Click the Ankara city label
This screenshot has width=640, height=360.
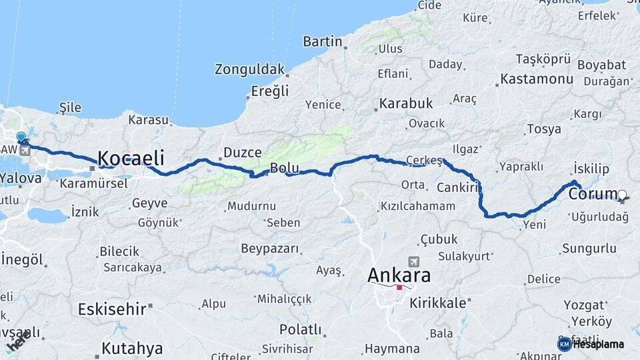pyautogui.click(x=399, y=275)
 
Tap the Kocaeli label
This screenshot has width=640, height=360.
pyautogui.click(x=131, y=158)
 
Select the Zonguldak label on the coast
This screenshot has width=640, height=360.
pyautogui.click(x=249, y=69)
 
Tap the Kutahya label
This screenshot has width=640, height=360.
pyautogui.click(x=132, y=348)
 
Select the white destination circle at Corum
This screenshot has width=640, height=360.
pyautogui.click(x=622, y=195)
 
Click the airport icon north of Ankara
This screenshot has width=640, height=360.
pyautogui.click(x=414, y=262)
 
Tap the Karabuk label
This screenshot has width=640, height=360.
pyautogui.click(x=406, y=104)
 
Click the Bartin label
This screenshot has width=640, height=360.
pyautogui.click(x=322, y=42)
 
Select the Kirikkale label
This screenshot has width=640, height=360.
pyautogui.click(x=437, y=302)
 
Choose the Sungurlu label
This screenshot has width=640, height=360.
pyautogui.click(x=589, y=249)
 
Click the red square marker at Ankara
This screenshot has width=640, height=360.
pyautogui.click(x=399, y=287)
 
